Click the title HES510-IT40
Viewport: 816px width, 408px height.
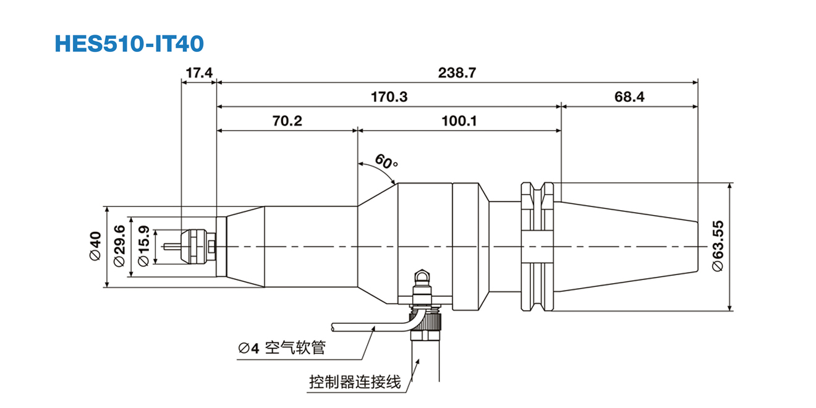click(129, 43)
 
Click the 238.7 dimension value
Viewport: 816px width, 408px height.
click(457, 73)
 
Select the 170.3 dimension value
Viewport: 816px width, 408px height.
click(389, 97)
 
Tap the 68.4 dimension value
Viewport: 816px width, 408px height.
click(629, 97)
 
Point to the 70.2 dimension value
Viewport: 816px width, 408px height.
click(287, 121)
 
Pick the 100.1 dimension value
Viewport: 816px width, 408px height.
click(459, 121)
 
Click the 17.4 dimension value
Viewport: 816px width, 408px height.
click(198, 73)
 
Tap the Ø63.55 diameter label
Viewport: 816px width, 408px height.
click(718, 246)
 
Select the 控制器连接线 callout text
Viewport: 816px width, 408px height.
click(355, 381)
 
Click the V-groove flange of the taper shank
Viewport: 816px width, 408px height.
click(536, 247)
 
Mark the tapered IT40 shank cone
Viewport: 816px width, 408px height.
click(624, 247)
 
